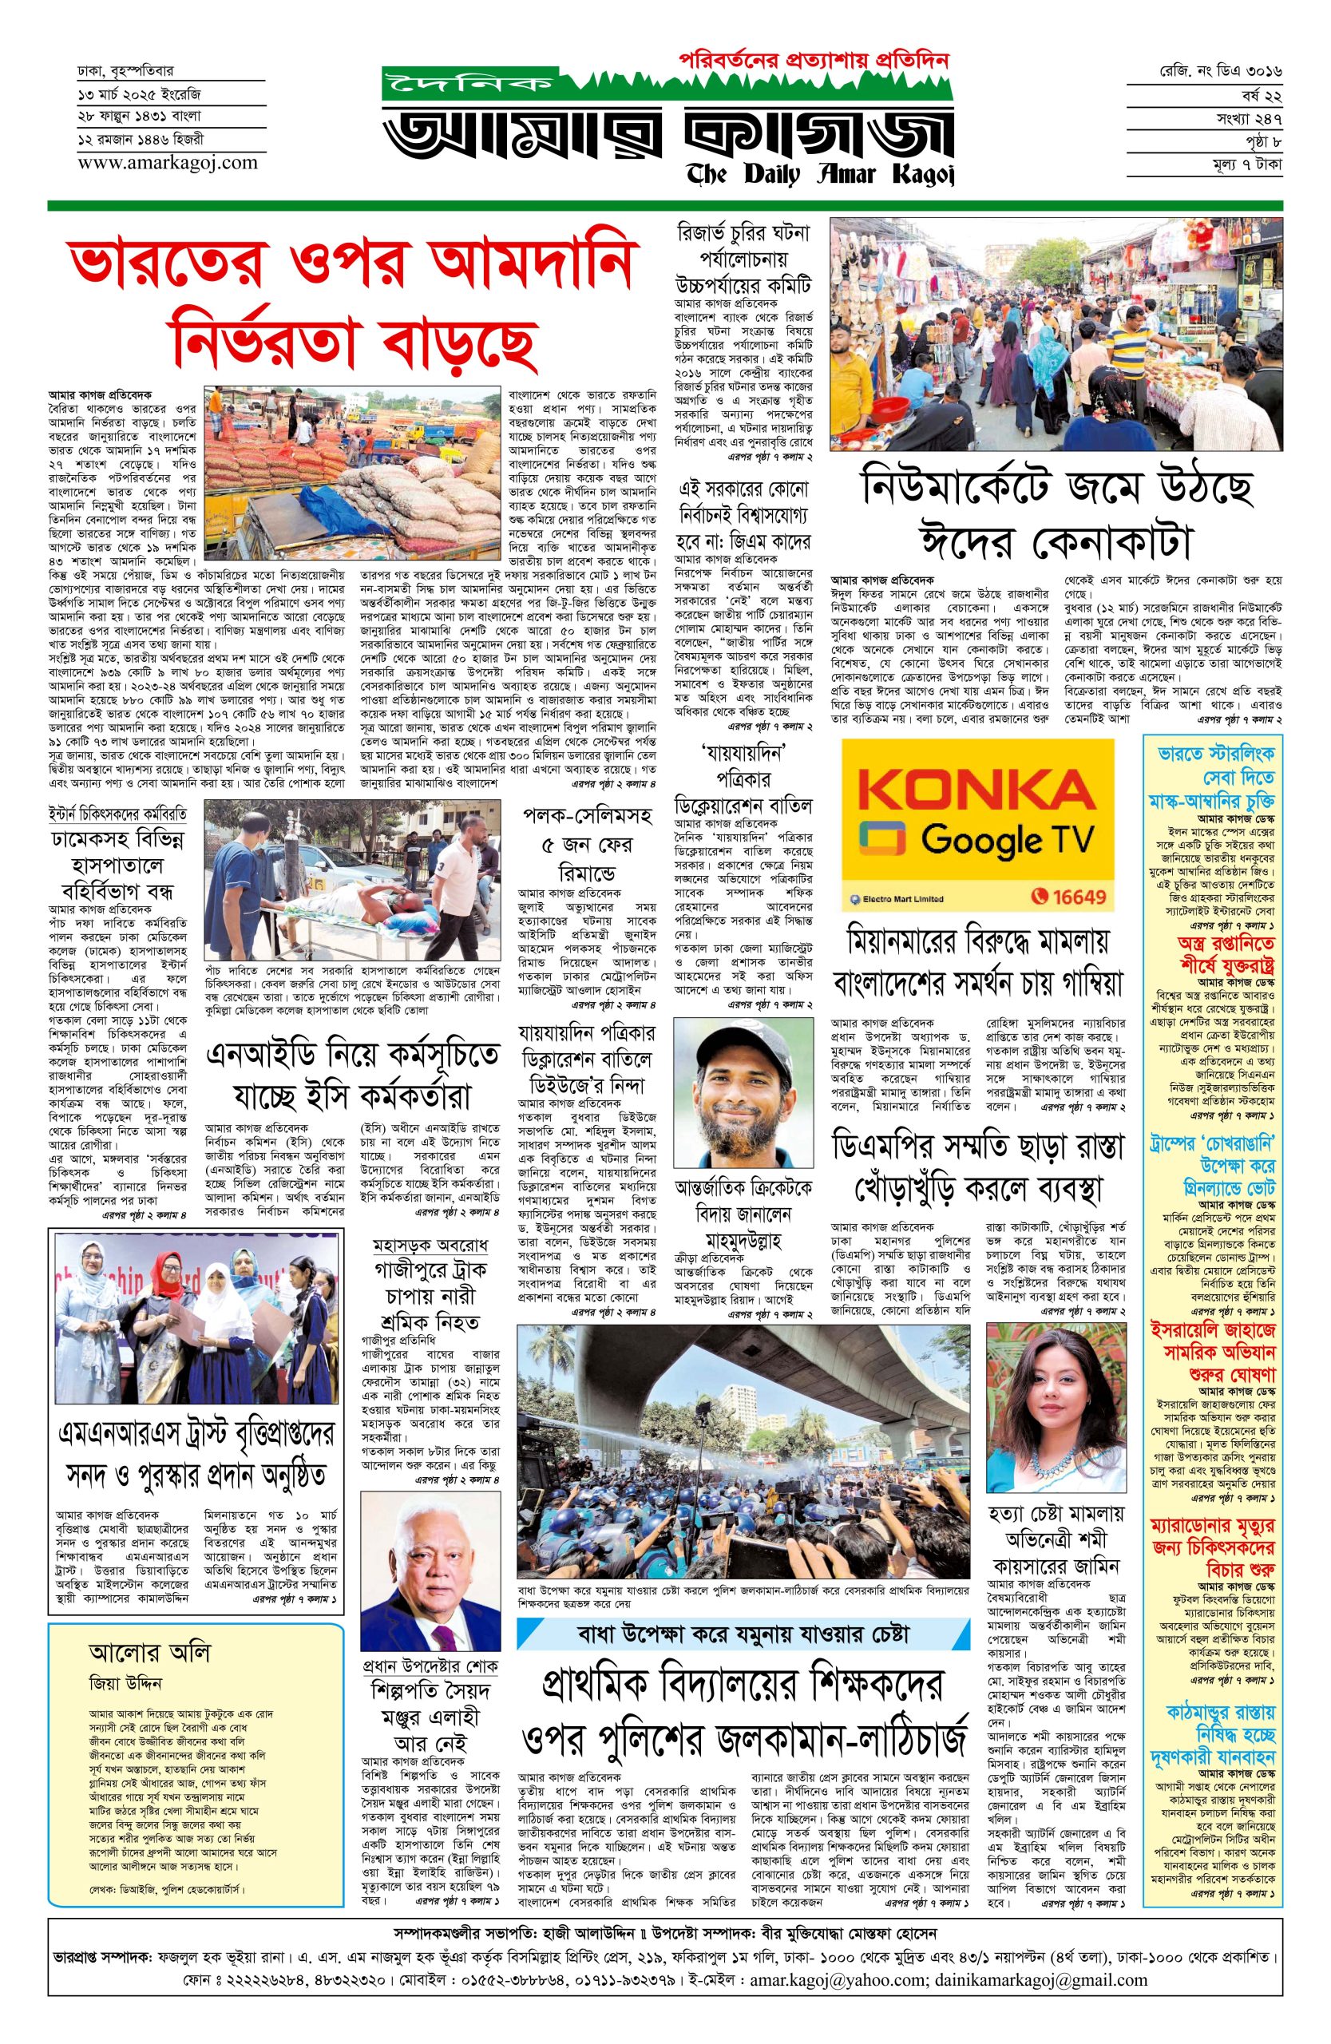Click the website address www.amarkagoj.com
point(155,161)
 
